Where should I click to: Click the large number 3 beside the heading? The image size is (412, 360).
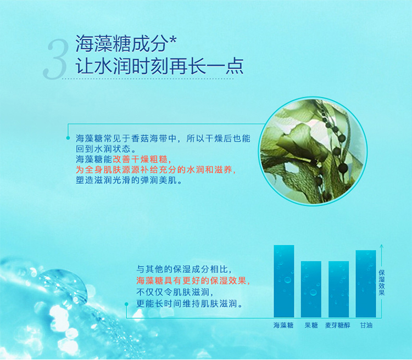click(x=55, y=59)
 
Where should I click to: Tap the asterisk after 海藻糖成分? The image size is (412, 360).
click(x=172, y=41)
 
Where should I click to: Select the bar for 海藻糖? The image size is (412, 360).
click(x=284, y=281)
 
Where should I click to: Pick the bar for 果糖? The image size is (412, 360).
click(x=311, y=289)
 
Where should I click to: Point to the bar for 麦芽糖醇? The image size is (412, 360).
click(x=338, y=289)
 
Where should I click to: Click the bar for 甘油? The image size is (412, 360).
click(x=366, y=284)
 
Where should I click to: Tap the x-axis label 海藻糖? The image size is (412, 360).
click(x=283, y=325)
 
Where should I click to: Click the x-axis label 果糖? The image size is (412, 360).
click(x=311, y=325)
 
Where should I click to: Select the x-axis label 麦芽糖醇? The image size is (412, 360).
click(x=338, y=325)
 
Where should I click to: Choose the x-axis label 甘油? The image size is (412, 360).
click(x=366, y=325)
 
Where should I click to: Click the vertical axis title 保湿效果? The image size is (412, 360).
click(x=382, y=283)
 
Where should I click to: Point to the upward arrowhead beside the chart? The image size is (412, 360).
click(x=382, y=246)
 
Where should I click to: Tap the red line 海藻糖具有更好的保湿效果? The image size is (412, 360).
click(x=193, y=280)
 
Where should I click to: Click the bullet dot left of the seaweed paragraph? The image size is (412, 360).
click(x=68, y=138)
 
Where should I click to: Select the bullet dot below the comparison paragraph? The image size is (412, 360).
click(x=126, y=304)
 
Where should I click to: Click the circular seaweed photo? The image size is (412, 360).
click(x=313, y=151)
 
